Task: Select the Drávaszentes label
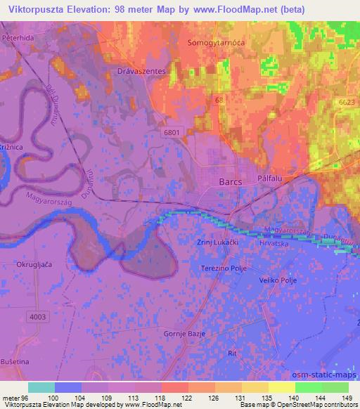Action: pyautogui.click(x=146, y=72)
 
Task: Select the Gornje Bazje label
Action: pyautogui.click(x=184, y=333)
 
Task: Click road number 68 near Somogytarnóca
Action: pyautogui.click(x=220, y=100)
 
